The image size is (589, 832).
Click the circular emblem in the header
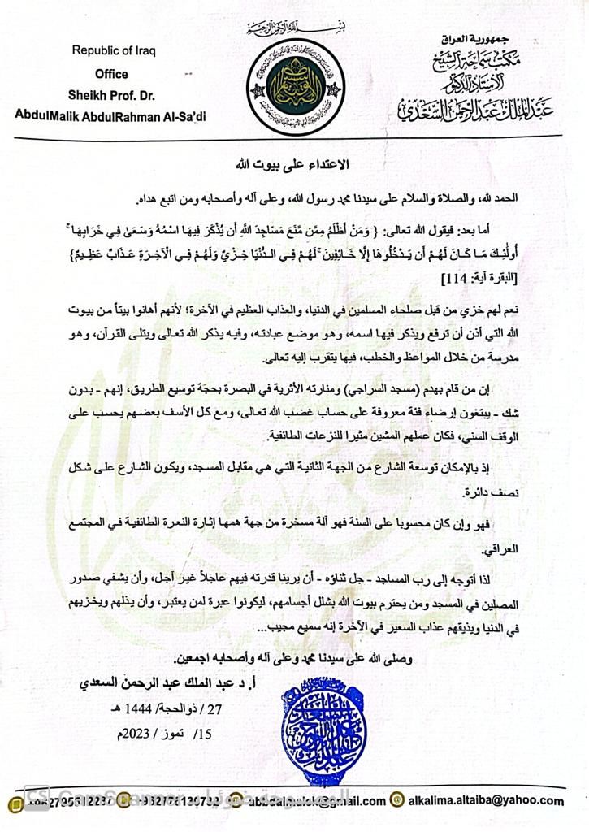(295, 88)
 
